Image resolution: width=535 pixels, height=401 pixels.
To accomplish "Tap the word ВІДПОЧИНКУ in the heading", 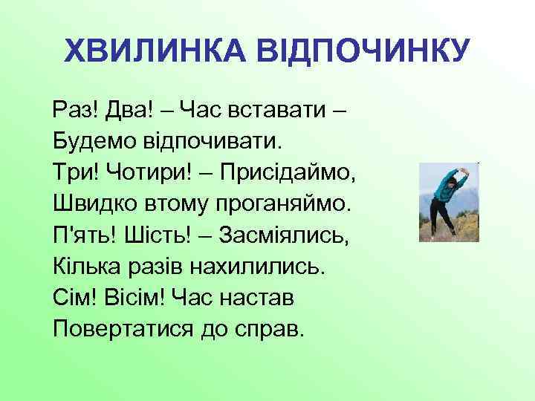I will [363, 51].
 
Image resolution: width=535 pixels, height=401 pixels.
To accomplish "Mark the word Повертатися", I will [120, 327].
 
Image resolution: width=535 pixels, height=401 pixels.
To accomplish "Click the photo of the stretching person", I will [448, 201].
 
